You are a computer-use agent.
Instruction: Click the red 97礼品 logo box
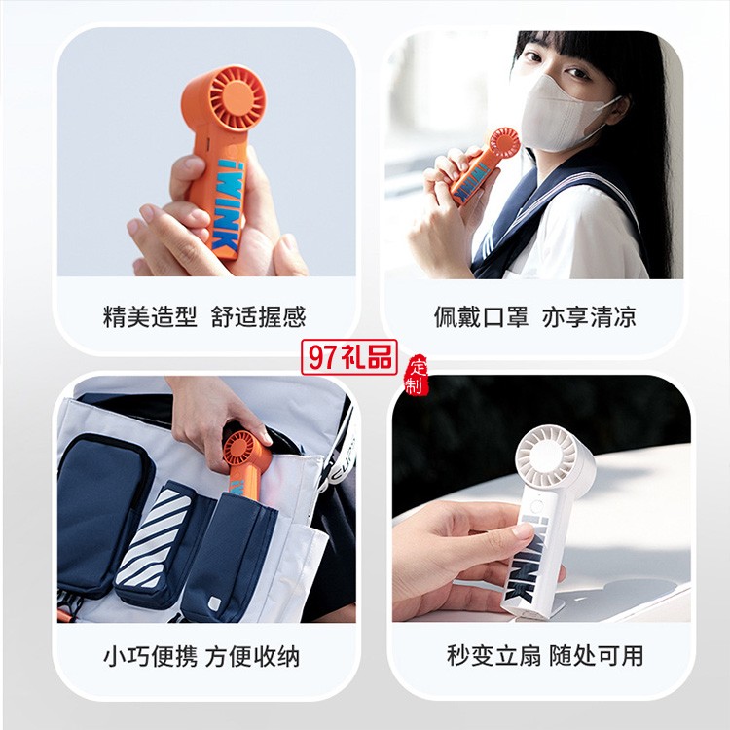coord(349,357)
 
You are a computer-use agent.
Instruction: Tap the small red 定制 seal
coord(417,376)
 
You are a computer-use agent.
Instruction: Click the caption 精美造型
coord(150,317)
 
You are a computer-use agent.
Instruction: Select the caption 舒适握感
coord(258,317)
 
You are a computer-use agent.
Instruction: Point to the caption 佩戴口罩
coord(482,317)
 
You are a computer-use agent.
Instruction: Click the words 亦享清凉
coord(589,317)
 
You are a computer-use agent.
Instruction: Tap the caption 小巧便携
coord(150,656)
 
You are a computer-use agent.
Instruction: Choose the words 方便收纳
coord(252,656)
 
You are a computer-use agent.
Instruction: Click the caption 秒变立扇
coord(493,655)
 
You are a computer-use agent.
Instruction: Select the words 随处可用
coord(596,655)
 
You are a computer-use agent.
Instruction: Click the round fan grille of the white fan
coord(547,456)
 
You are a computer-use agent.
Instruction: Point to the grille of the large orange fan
coord(237,96)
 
